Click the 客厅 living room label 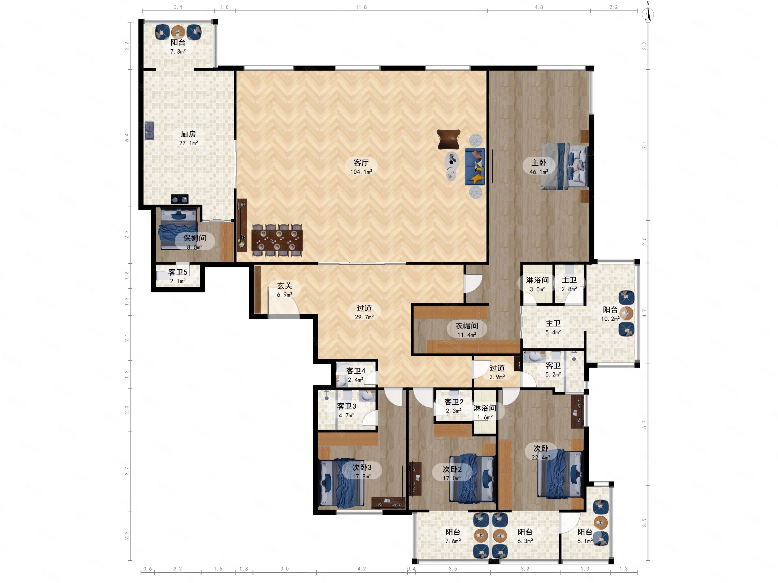coord(361,163)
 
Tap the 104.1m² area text coord(361,172)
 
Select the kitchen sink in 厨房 coord(150,131)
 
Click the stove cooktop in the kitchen coord(180,199)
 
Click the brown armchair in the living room coord(449,139)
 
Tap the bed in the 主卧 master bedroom coord(564,166)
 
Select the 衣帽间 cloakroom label coord(467,326)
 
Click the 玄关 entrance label coord(285,286)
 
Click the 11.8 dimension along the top coord(361,7)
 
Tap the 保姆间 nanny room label coord(194,238)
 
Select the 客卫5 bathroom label coord(178,272)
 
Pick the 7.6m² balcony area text coord(453,541)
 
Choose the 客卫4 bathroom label coord(356,371)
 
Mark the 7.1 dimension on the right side coord(644,145)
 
